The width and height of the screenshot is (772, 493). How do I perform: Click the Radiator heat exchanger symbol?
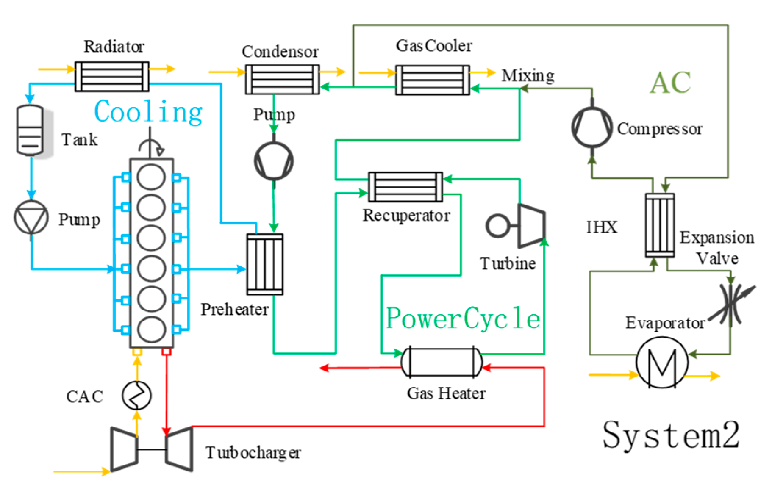tap(112, 76)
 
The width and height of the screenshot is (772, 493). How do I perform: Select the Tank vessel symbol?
tap(30, 130)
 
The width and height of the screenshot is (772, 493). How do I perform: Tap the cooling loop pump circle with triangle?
tap(31, 217)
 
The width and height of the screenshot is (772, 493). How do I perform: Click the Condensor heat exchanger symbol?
tap(282, 79)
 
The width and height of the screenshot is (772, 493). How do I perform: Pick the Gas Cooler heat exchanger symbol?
tap(433, 80)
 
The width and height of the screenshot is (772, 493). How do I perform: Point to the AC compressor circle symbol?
tap(592, 127)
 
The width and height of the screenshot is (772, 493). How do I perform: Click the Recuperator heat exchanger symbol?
tap(405, 186)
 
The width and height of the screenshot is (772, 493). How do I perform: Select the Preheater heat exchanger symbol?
tap(265, 264)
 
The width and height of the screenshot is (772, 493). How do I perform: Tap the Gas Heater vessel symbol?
tap(442, 362)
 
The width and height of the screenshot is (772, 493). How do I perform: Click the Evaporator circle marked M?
tap(662, 362)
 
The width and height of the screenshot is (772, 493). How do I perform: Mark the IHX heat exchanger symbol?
tap(660, 225)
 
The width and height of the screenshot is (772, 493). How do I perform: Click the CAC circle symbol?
tap(136, 395)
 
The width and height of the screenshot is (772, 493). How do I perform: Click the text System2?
tap(671, 435)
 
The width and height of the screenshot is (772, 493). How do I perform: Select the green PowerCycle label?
tap(463, 318)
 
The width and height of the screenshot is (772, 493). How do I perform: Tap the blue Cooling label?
tap(148, 112)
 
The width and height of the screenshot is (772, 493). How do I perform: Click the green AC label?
tap(670, 82)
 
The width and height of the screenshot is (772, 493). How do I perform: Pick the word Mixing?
tap(528, 75)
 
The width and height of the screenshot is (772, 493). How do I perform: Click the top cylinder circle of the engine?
tap(151, 177)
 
